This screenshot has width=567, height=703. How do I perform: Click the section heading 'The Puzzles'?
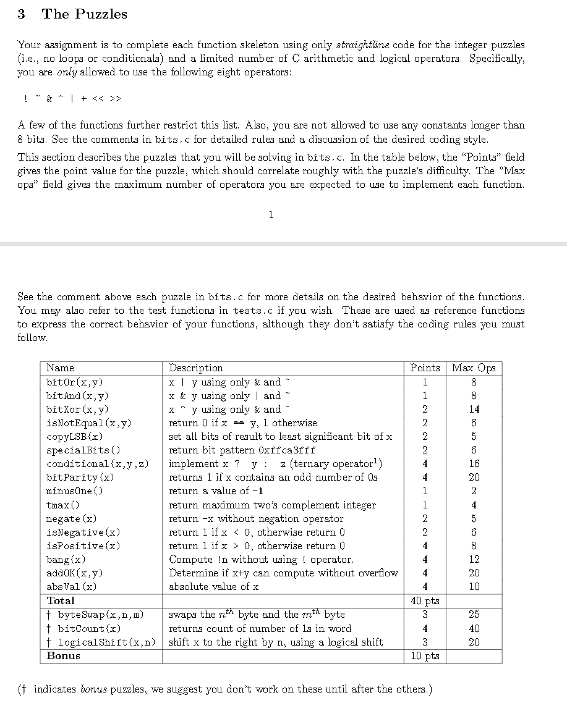[x=84, y=14]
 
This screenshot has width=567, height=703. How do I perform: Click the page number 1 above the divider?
[x=271, y=214]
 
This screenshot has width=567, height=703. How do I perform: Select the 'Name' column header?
[x=60, y=368]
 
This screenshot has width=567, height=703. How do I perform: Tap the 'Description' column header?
[x=196, y=368]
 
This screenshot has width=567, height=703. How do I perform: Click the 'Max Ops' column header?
[x=474, y=368]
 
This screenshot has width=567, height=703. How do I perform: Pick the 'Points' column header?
[x=425, y=368]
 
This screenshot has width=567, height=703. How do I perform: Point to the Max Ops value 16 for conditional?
[x=474, y=464]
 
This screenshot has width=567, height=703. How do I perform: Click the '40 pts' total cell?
[x=425, y=601]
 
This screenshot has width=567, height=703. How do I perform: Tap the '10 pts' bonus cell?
[x=425, y=656]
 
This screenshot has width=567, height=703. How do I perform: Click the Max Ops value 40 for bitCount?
[x=474, y=629]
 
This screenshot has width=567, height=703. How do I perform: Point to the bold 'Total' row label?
[x=61, y=600]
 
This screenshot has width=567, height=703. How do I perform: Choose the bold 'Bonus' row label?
[x=64, y=656]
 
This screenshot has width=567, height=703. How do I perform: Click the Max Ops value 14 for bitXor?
[x=474, y=410]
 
